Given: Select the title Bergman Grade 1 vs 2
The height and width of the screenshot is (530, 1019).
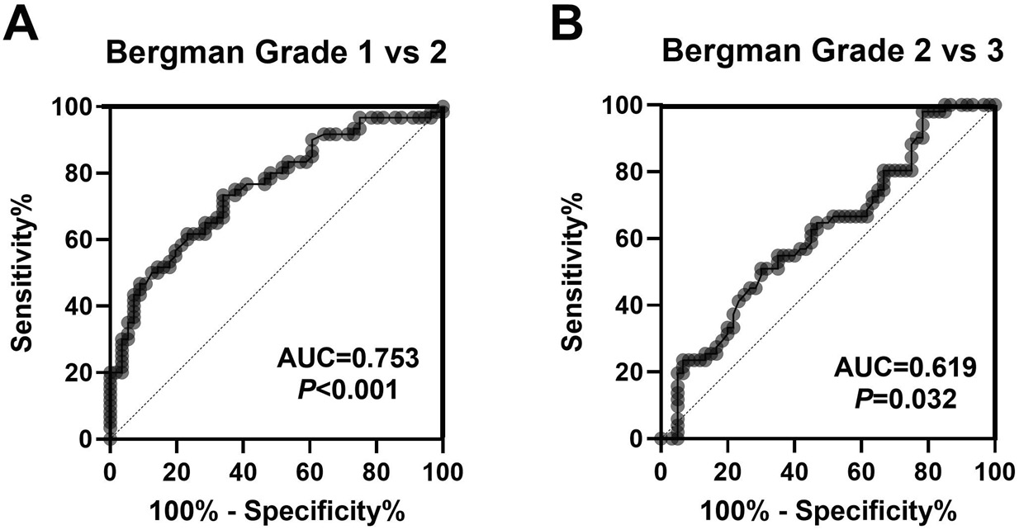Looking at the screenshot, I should coord(276,52).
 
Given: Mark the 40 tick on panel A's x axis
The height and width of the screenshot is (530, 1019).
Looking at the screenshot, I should coord(244,471).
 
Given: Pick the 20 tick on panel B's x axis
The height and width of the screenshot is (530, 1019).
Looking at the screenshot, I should coord(727,471).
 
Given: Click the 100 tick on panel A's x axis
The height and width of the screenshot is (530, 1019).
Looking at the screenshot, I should coord(443,471).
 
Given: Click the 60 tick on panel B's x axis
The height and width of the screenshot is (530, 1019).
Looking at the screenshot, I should coord(860,471).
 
